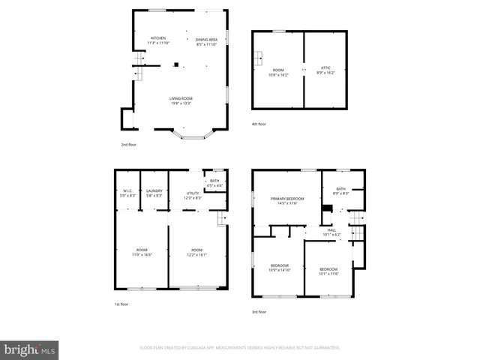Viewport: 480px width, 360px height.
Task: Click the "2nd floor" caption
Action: pyautogui.click(x=129, y=145)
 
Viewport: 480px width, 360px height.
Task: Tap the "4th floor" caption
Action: pyautogui.click(x=259, y=124)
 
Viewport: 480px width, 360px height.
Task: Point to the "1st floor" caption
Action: pyautogui.click(x=122, y=304)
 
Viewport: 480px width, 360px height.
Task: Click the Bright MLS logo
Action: pyautogui.click(x=29, y=349)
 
